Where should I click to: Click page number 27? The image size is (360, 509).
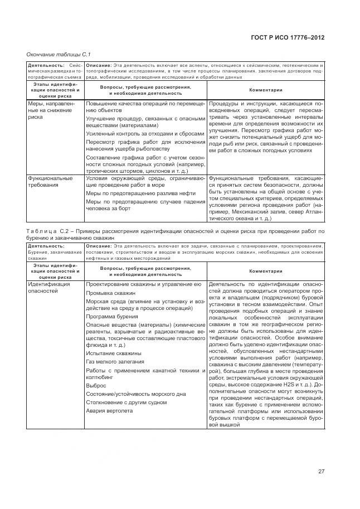click(x=321, y=471)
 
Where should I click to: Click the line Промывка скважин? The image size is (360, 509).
click(x=111, y=293)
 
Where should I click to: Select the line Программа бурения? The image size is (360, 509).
click(x=112, y=316)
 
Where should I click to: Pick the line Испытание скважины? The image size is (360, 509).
click(x=114, y=353)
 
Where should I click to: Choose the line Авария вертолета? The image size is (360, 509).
click(x=110, y=411)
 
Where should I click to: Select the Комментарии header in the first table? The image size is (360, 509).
click(x=265, y=90)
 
